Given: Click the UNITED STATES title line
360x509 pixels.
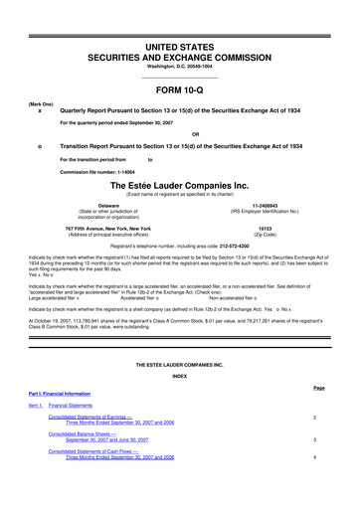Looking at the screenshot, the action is [180, 19].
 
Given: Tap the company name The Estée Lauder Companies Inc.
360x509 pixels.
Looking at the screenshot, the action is [180, 184].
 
